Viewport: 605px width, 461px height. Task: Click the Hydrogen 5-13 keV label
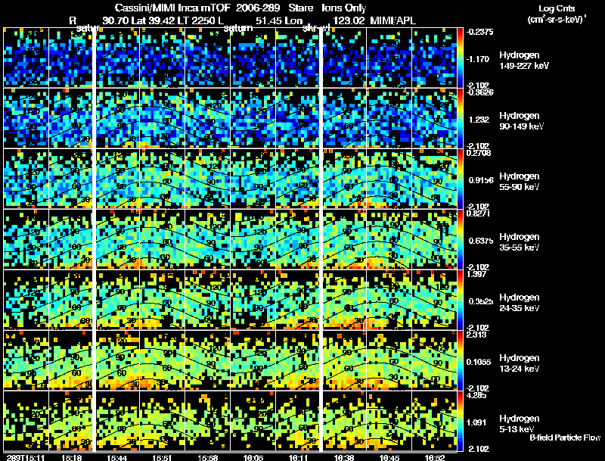[x=520, y=423]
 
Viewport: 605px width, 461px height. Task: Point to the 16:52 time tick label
[x=438, y=457]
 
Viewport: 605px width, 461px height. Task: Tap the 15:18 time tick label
[x=73, y=457]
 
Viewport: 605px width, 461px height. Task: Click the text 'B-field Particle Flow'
[x=564, y=438]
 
